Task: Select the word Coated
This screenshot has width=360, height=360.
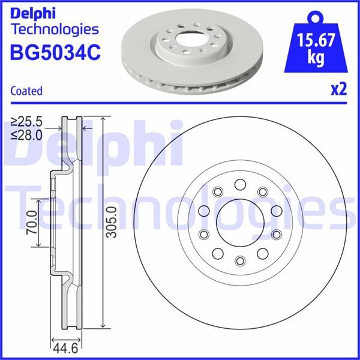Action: [26, 91]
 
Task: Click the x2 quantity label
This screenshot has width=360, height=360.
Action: [339, 90]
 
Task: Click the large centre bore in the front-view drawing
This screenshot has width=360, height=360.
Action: [240, 222]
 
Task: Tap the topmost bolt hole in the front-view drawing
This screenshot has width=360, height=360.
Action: [240, 184]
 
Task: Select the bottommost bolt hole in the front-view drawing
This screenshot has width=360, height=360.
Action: [240, 260]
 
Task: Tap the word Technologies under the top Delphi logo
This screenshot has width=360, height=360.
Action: [55, 29]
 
